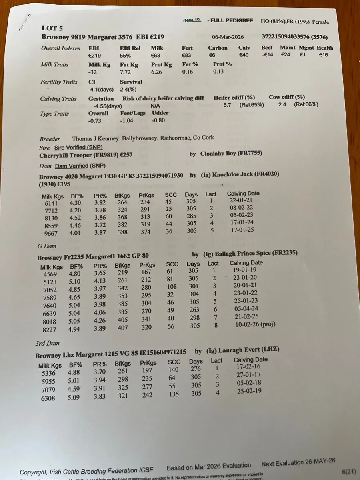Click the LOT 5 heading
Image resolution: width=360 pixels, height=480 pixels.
tap(52, 28)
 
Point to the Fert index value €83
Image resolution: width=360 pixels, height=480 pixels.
tap(187, 55)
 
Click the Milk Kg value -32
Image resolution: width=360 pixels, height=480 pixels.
tap(93, 72)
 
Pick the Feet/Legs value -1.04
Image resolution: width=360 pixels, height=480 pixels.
tap(128, 120)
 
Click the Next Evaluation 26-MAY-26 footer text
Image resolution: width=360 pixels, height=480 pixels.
tap(298, 462)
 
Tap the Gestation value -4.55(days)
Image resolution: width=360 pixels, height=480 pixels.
tap(108, 106)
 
